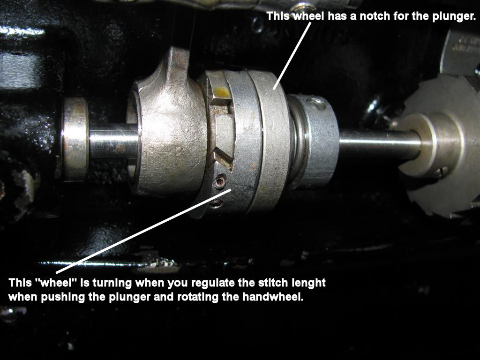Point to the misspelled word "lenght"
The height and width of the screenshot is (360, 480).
[x=308, y=283]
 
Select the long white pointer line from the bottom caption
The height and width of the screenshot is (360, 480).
[x=143, y=231]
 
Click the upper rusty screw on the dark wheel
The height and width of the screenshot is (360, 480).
[x=220, y=181]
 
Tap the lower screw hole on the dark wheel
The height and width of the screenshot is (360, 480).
[x=216, y=203]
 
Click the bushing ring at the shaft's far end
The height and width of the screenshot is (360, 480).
[x=75, y=139]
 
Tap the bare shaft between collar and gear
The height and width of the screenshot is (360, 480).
[x=380, y=144]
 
